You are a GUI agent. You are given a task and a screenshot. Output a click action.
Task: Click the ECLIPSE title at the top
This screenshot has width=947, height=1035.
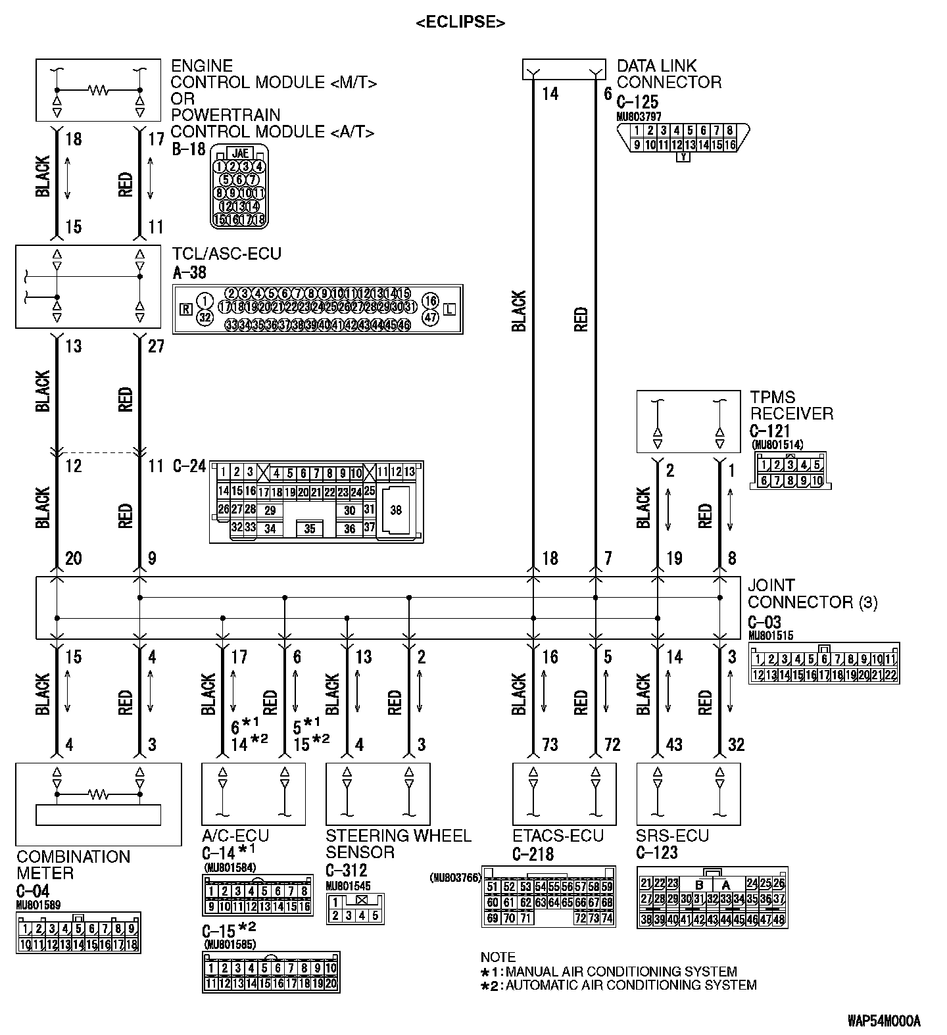click(460, 22)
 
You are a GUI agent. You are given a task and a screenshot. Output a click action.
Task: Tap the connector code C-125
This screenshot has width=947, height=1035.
click(637, 102)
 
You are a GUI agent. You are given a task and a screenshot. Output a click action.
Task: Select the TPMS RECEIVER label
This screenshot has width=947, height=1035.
click(791, 406)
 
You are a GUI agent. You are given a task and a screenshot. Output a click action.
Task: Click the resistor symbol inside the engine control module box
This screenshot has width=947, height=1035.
click(99, 90)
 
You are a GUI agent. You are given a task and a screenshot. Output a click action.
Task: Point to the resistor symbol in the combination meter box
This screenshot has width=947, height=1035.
click(99, 795)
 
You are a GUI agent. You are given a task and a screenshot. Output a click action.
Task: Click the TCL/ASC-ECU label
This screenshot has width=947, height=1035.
click(226, 254)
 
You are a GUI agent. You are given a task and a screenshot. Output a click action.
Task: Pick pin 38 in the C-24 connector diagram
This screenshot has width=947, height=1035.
click(396, 510)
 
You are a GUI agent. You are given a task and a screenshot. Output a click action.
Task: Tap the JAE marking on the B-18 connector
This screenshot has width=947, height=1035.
click(240, 153)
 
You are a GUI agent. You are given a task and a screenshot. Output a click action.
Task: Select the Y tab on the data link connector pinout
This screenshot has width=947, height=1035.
click(683, 158)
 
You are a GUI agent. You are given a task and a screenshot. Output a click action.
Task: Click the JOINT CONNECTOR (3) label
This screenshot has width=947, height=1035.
click(812, 594)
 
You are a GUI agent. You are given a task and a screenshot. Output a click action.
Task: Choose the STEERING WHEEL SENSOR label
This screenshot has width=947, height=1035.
click(399, 844)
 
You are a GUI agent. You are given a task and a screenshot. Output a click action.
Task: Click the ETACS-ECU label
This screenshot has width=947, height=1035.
click(558, 836)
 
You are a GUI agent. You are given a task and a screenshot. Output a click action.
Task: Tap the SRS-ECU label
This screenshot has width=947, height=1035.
click(672, 836)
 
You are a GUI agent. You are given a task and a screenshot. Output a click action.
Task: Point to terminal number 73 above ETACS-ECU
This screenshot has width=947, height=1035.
click(550, 745)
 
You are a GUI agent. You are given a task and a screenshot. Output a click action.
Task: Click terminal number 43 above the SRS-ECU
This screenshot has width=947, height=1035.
click(674, 745)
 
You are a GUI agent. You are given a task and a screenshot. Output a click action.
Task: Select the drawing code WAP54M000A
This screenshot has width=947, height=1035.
click(883, 1021)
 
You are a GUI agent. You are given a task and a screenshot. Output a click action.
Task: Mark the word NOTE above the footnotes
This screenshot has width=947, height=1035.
click(498, 957)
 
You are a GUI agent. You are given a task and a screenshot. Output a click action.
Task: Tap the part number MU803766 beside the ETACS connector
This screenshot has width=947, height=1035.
click(456, 877)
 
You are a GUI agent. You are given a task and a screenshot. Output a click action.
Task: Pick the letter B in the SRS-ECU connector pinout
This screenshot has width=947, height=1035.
click(699, 885)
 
